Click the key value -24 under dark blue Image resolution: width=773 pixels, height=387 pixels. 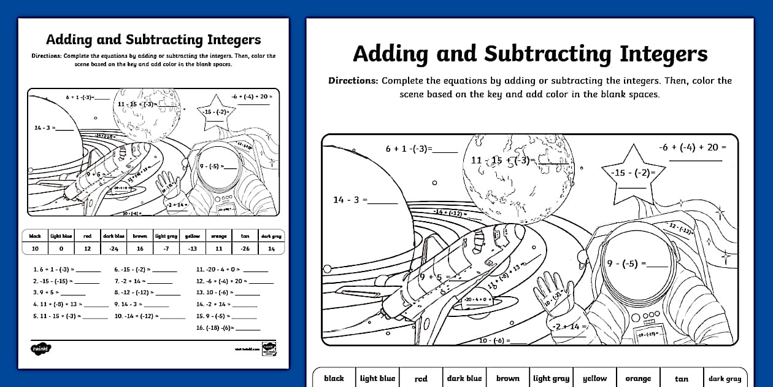[113, 249]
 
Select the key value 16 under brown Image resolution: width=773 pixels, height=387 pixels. [140, 249]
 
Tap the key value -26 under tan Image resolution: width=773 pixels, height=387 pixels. [245, 249]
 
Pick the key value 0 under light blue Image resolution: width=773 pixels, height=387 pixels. [60, 249]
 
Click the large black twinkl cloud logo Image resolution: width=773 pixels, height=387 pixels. [41, 348]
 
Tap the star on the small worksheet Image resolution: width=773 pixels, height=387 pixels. [217, 111]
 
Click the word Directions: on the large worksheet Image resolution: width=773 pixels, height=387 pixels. [353, 81]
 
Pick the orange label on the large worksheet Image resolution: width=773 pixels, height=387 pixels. [638, 378]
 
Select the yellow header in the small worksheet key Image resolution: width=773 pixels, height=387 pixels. [192, 236]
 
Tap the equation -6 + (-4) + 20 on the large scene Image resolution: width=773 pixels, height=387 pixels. [692, 147]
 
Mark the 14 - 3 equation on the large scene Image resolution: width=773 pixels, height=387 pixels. [350, 200]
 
